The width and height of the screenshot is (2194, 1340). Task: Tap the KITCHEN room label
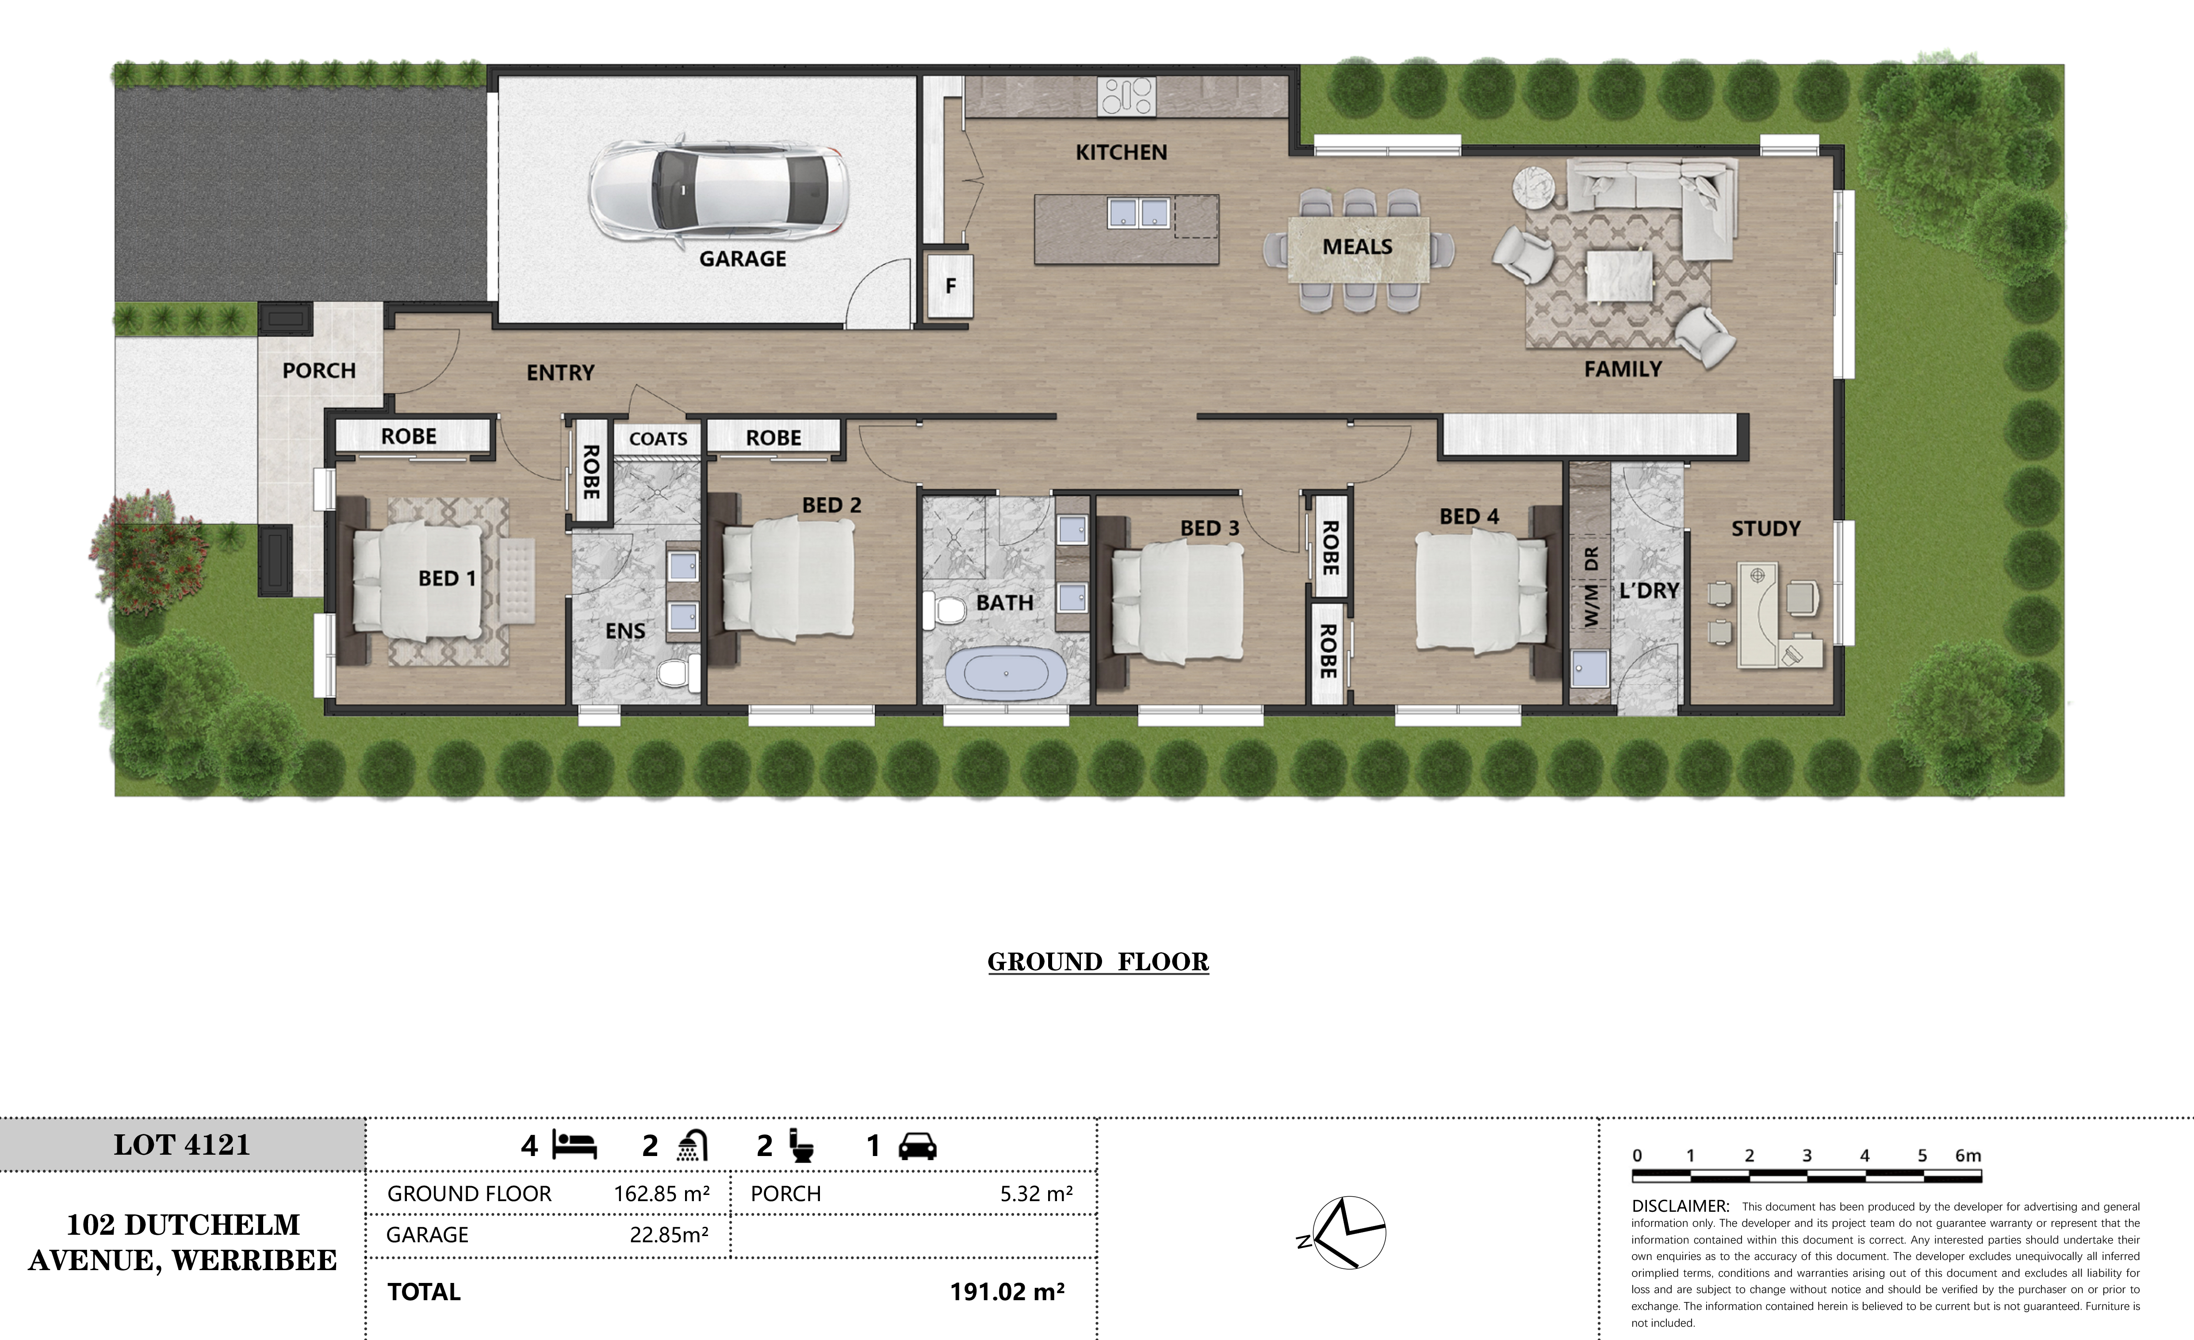click(x=1121, y=152)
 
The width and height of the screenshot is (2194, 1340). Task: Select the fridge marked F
click(x=950, y=286)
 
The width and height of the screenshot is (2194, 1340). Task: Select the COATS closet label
click(x=658, y=439)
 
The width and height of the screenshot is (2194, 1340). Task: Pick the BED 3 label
click(x=1209, y=528)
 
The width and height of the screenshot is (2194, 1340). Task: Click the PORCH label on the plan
click(x=319, y=371)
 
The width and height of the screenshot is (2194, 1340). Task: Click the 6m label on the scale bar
click(x=1968, y=1156)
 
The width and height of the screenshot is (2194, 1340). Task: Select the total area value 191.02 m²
click(x=1007, y=1292)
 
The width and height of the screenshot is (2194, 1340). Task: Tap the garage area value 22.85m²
click(x=669, y=1235)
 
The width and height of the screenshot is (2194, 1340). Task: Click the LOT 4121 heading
click(x=182, y=1145)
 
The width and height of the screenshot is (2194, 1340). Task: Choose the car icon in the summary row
click(x=917, y=1146)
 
